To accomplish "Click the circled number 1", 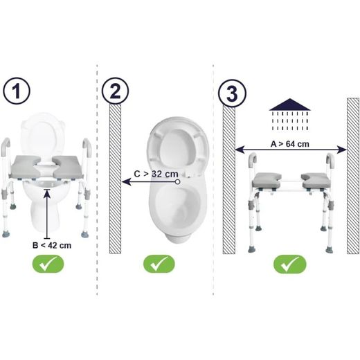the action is [17, 91].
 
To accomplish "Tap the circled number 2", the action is [115, 91].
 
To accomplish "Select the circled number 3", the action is [232, 93].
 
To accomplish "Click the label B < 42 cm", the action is [52, 245].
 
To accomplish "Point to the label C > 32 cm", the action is [156, 174].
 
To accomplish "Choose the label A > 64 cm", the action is [290, 144].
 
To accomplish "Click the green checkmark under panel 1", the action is [48, 264].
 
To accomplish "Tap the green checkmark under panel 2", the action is [159, 264].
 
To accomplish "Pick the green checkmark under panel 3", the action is [290, 264].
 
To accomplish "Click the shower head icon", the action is [290, 115].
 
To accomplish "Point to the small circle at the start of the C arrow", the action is [177, 182].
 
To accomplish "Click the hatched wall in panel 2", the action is [115, 179].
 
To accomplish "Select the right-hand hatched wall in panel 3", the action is [353, 176].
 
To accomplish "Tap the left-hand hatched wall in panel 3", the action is [229, 180].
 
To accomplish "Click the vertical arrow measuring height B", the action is [47, 214].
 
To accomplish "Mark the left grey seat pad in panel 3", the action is [267, 180].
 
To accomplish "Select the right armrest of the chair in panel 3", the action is [330, 161].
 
